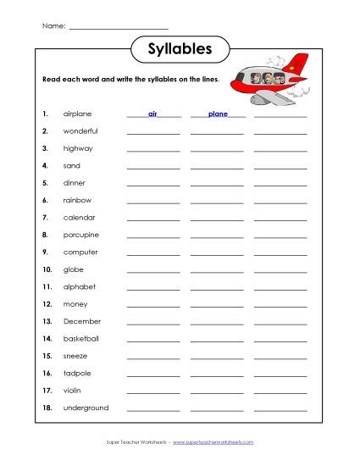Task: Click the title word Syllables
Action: point(180,49)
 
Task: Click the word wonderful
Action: point(80,130)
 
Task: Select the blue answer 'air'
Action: point(153,113)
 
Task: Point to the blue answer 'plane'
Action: point(217,113)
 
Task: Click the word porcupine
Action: point(81,235)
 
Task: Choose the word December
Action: point(81,321)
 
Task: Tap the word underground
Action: point(86,408)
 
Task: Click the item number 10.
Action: point(47,269)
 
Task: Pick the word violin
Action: point(73,391)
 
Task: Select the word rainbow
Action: point(77,200)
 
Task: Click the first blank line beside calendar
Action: point(153,220)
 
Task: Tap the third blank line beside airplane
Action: point(280,116)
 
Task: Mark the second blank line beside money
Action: point(217,307)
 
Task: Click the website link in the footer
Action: point(213,443)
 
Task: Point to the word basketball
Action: point(81,338)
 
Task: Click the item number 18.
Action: point(47,408)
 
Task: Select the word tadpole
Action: point(76,373)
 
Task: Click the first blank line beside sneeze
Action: point(153,358)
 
